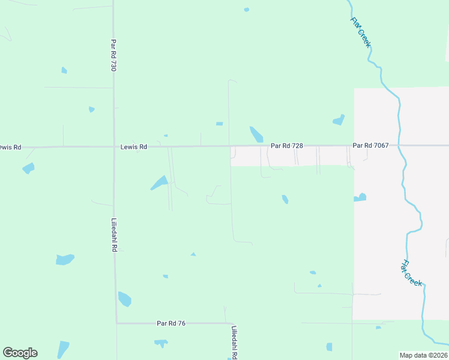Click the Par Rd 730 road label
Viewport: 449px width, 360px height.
(113, 56)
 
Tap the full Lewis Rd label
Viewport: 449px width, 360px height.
(133, 146)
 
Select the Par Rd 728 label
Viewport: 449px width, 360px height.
(286, 146)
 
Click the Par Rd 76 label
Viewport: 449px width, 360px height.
(171, 323)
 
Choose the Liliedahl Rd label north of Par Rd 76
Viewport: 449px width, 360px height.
(113, 235)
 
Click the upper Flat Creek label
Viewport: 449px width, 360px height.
(361, 32)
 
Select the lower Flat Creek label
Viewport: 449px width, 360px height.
(412, 273)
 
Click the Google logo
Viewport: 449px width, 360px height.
(20, 353)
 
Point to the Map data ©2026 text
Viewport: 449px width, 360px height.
(423, 355)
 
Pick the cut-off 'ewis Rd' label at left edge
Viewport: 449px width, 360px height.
(10, 147)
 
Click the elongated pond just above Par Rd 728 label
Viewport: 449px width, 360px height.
(256, 134)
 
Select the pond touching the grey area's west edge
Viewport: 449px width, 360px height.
(360, 197)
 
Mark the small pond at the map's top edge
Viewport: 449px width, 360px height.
(246, 10)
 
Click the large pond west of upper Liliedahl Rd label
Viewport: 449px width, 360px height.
(64, 259)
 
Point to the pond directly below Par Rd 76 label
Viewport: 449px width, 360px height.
(161, 343)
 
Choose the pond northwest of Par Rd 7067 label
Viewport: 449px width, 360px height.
(339, 119)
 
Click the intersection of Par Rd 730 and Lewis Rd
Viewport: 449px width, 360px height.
(114, 146)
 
